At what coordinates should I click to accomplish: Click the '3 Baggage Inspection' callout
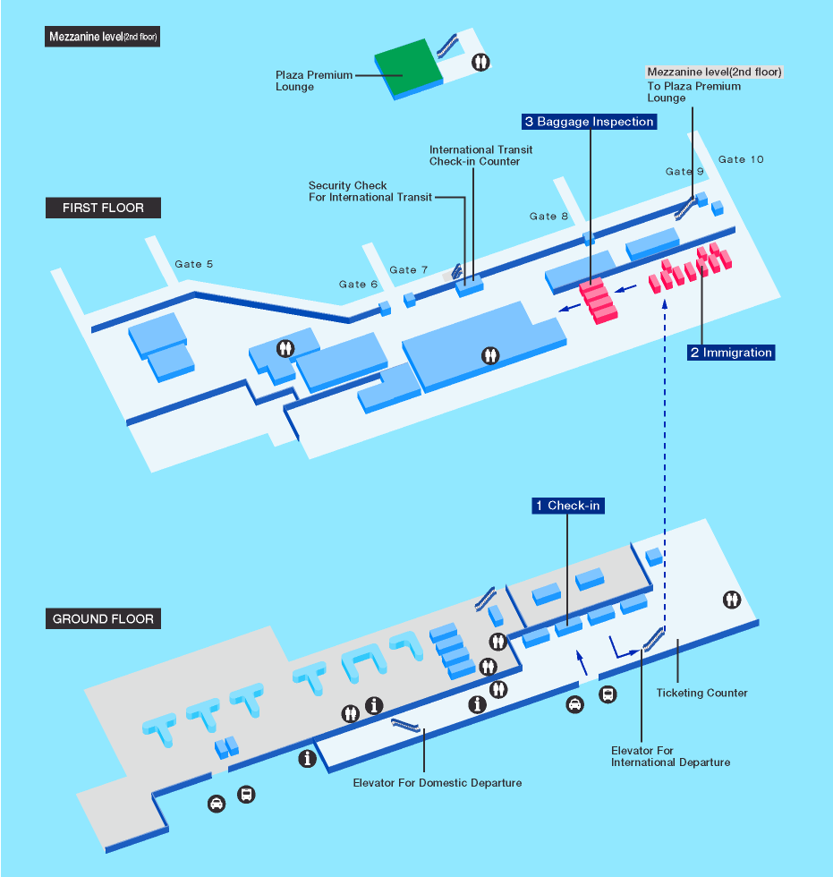click(590, 122)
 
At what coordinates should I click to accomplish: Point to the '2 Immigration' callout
click(730, 353)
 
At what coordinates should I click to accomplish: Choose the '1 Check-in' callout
click(567, 506)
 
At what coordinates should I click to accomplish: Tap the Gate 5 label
click(194, 264)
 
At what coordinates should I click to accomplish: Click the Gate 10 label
click(741, 159)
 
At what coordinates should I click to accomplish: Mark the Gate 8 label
click(548, 216)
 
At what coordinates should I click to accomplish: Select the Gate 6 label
click(358, 284)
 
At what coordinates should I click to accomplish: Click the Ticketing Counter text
click(701, 693)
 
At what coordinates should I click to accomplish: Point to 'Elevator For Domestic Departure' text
click(437, 783)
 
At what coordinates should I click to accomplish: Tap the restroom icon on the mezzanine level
click(482, 63)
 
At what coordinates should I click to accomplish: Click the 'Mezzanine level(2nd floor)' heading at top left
click(102, 38)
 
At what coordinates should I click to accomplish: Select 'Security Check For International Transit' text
click(370, 192)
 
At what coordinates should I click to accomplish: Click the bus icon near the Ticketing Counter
click(608, 694)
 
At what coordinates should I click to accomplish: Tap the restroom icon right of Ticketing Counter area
click(733, 600)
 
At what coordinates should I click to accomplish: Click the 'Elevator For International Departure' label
click(669, 757)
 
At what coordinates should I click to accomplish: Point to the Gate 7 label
click(409, 269)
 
